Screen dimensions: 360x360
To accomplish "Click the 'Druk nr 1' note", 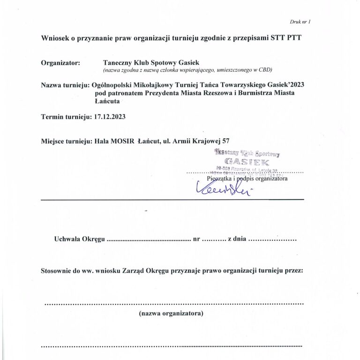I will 300,22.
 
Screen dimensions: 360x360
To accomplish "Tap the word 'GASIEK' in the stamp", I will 247,162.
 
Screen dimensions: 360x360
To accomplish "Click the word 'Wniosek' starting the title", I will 56,38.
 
